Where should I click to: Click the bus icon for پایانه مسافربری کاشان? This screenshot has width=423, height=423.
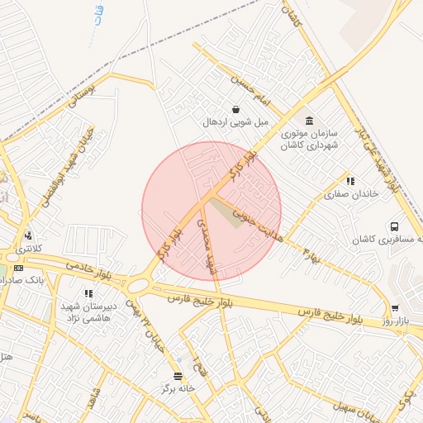pos(394,226)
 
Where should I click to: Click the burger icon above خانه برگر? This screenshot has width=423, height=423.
pos(177,375)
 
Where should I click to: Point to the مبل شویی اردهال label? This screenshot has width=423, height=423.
pos(238,122)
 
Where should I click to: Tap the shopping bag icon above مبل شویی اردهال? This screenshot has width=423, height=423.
pos(237,109)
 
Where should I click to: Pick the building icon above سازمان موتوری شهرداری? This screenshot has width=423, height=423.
pos(309,120)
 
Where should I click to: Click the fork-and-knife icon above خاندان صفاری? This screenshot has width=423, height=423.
pos(350,181)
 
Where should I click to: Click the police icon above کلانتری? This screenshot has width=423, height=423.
pos(29,236)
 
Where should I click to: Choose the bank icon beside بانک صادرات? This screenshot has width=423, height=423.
pos(20,268)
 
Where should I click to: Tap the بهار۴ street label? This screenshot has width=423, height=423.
pos(307,255)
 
